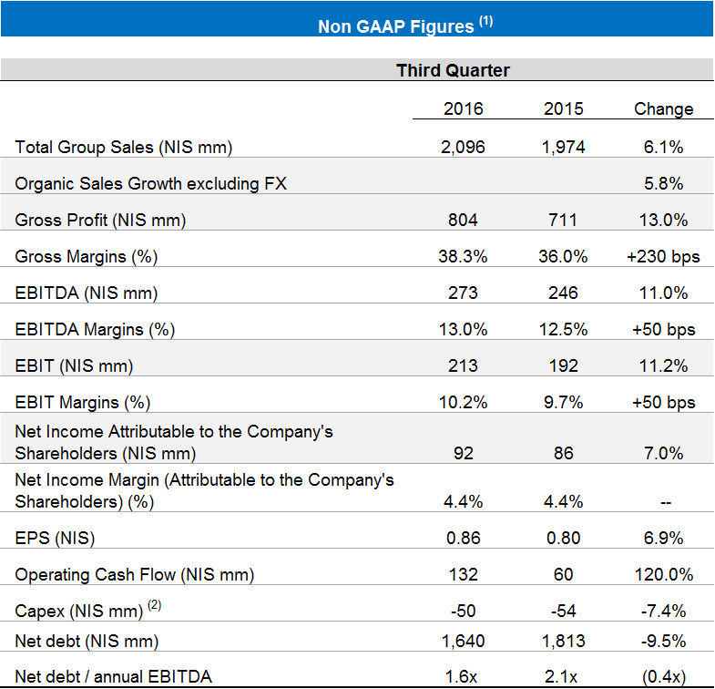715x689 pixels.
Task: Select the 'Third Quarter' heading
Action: [453, 70]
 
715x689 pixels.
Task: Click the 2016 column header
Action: [463, 108]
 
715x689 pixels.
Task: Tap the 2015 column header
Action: [563, 108]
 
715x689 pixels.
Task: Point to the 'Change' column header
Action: [663, 108]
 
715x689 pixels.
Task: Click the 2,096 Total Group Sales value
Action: [463, 147]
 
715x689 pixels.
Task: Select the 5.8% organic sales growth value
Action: [663, 183]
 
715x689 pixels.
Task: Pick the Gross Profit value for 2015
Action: [563, 220]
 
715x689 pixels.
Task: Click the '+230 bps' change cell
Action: [663, 256]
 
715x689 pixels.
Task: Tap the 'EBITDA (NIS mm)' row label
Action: [87, 293]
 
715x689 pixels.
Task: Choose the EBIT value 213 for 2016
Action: [463, 365]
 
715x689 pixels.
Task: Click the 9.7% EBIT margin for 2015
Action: [563, 402]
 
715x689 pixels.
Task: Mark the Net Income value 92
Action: [463, 453]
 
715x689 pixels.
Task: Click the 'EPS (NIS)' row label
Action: [55, 538]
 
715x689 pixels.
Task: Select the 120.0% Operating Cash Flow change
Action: [663, 574]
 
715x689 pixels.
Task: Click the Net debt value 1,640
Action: [463, 641]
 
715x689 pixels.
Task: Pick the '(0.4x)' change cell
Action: [663, 675]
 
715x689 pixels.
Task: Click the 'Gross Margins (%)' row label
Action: [87, 256]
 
